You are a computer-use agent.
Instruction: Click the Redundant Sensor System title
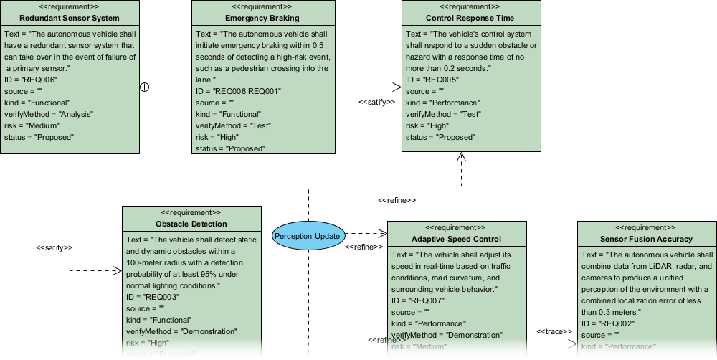coord(70,18)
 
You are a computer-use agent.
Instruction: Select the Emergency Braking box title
coord(262,18)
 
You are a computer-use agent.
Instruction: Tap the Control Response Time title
coord(470,18)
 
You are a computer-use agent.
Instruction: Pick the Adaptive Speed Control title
coord(456,239)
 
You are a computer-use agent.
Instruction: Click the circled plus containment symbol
coord(144,87)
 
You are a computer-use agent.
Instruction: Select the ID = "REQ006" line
coord(29,80)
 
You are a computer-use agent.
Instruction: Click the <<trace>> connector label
coord(552,331)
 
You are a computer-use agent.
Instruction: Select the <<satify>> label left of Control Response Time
coord(376,102)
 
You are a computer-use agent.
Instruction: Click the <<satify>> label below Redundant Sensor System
coord(54,247)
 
